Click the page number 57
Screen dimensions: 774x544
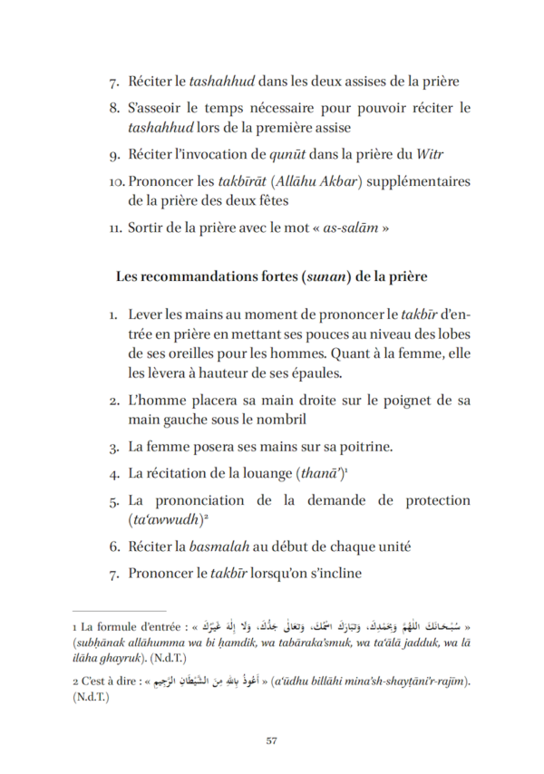(x=271, y=740)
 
